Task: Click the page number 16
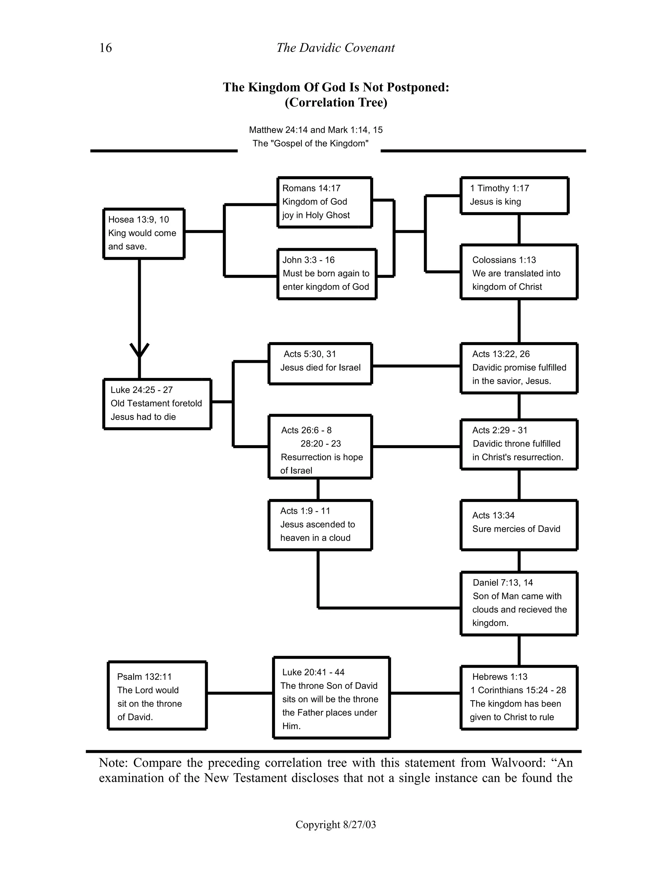coord(106,48)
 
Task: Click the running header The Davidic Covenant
coord(335,48)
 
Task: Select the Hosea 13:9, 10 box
coord(144,233)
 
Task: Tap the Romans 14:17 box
coord(325,202)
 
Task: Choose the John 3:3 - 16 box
coord(326,274)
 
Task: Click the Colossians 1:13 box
coord(519,272)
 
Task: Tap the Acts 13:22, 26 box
coord(519,368)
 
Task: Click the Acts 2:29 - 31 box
coord(519,444)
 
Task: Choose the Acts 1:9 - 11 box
coord(320,525)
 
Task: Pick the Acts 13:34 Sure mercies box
coord(519,525)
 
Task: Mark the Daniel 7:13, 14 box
coord(519,603)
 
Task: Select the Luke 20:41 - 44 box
coord(331,699)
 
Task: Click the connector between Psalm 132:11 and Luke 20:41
coord(240,693)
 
